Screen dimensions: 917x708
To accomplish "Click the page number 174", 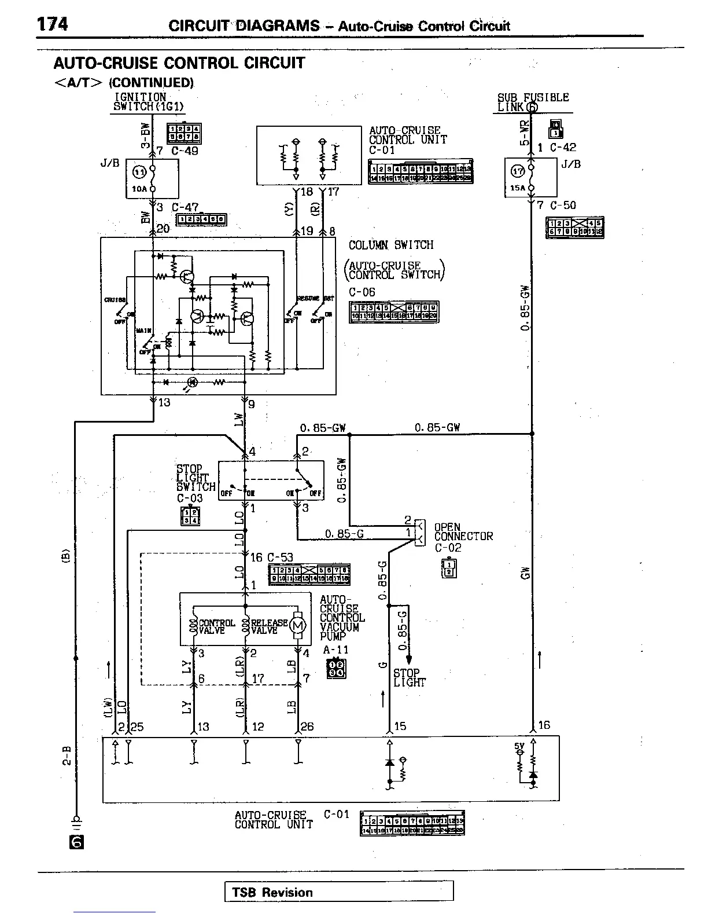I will point(53,24).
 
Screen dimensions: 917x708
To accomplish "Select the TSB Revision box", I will point(338,892).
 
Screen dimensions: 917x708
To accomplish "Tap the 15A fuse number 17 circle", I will point(517,171).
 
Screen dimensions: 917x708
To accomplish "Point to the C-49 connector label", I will point(185,151).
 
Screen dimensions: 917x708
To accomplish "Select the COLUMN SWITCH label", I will point(391,245).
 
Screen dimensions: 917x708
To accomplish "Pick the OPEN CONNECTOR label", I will point(463,531).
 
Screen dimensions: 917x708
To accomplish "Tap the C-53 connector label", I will point(280,557).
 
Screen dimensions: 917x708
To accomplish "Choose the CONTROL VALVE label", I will point(217,626).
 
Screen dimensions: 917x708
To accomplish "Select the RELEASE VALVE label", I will point(269,626).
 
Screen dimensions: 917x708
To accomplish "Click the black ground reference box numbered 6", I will point(76,841).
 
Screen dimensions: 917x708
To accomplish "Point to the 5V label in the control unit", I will point(519,747).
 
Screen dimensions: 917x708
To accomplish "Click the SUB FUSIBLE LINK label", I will point(533,102).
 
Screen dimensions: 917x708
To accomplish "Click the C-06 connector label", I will point(362,292).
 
